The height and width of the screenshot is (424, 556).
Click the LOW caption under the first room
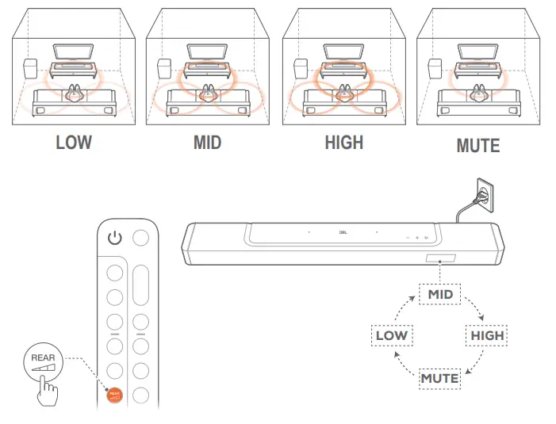(74, 143)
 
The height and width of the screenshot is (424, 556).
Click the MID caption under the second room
(207, 143)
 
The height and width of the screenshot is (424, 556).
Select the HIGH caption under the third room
(344, 143)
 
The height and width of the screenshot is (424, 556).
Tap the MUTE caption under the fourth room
(478, 146)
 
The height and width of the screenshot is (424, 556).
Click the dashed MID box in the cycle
(440, 294)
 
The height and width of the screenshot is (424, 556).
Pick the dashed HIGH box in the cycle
(487, 335)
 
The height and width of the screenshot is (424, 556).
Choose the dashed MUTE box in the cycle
(440, 378)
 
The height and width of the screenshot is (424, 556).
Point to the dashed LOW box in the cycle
(392, 335)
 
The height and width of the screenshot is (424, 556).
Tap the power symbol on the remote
(116, 238)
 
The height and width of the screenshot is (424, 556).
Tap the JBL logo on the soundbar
(343, 233)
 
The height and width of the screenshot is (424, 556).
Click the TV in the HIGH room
(344, 52)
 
